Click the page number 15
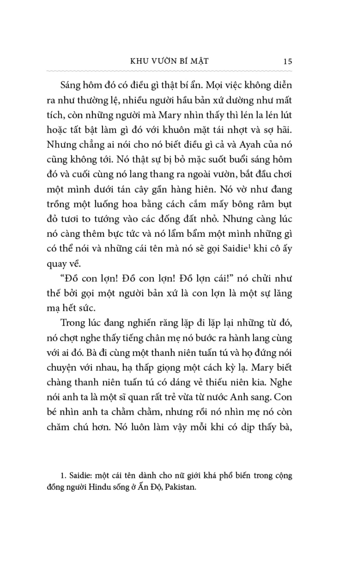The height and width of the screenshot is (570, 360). (287, 61)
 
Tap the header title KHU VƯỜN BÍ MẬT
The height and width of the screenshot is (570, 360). (169, 61)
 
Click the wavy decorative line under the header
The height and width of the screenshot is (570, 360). (169, 71)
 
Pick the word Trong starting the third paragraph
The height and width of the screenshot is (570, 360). (73, 323)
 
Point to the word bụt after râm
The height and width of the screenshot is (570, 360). (285, 204)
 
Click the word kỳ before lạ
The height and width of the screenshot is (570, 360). (224, 367)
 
